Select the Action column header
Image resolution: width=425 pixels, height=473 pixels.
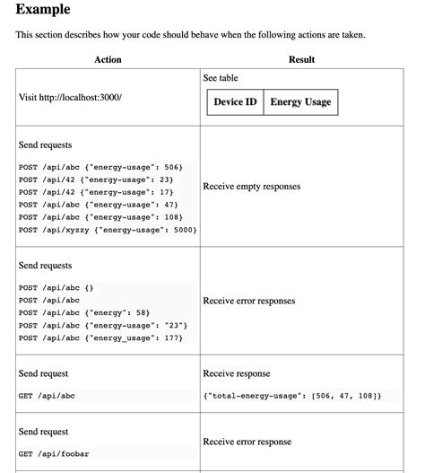click(108, 59)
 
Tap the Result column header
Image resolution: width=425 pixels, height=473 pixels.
click(301, 59)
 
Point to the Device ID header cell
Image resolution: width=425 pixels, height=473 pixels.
click(235, 102)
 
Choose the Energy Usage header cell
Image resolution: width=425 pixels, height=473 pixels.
click(300, 102)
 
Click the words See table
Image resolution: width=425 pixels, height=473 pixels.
click(221, 78)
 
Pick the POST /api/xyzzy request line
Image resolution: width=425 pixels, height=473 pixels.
click(107, 230)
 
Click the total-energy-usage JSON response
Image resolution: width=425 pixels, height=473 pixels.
click(291, 396)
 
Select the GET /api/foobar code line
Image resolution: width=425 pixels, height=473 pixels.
click(54, 454)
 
